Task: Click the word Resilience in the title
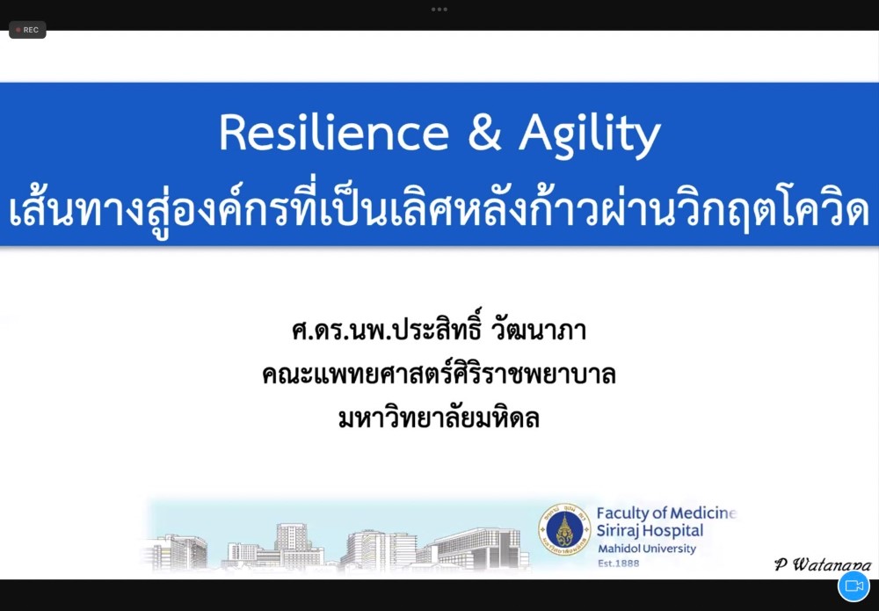click(334, 132)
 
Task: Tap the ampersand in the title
click(484, 132)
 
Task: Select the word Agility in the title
click(590, 136)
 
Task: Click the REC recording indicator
click(27, 30)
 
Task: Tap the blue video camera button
click(854, 586)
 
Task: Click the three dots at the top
click(439, 9)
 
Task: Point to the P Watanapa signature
click(823, 564)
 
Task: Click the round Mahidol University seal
click(564, 529)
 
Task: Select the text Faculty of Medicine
click(666, 513)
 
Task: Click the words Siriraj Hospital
click(650, 530)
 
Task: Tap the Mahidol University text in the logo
click(646, 549)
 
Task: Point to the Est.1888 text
click(618, 564)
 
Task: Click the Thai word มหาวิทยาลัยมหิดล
click(439, 418)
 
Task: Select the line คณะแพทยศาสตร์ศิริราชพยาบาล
click(439, 374)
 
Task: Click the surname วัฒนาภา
click(539, 330)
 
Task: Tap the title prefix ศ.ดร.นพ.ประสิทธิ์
click(386, 329)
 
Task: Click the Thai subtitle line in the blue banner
click(439, 211)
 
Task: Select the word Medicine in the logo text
click(703, 513)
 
